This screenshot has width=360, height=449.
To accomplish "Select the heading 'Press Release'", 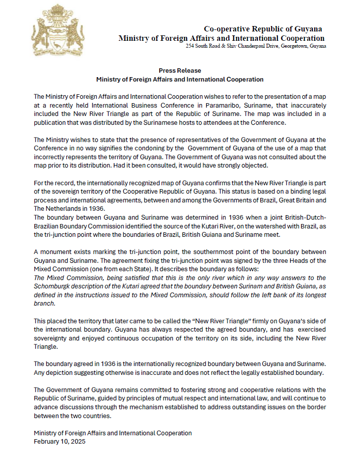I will coord(180,71).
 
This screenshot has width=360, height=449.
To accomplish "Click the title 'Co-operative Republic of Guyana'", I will coord(263,28).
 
